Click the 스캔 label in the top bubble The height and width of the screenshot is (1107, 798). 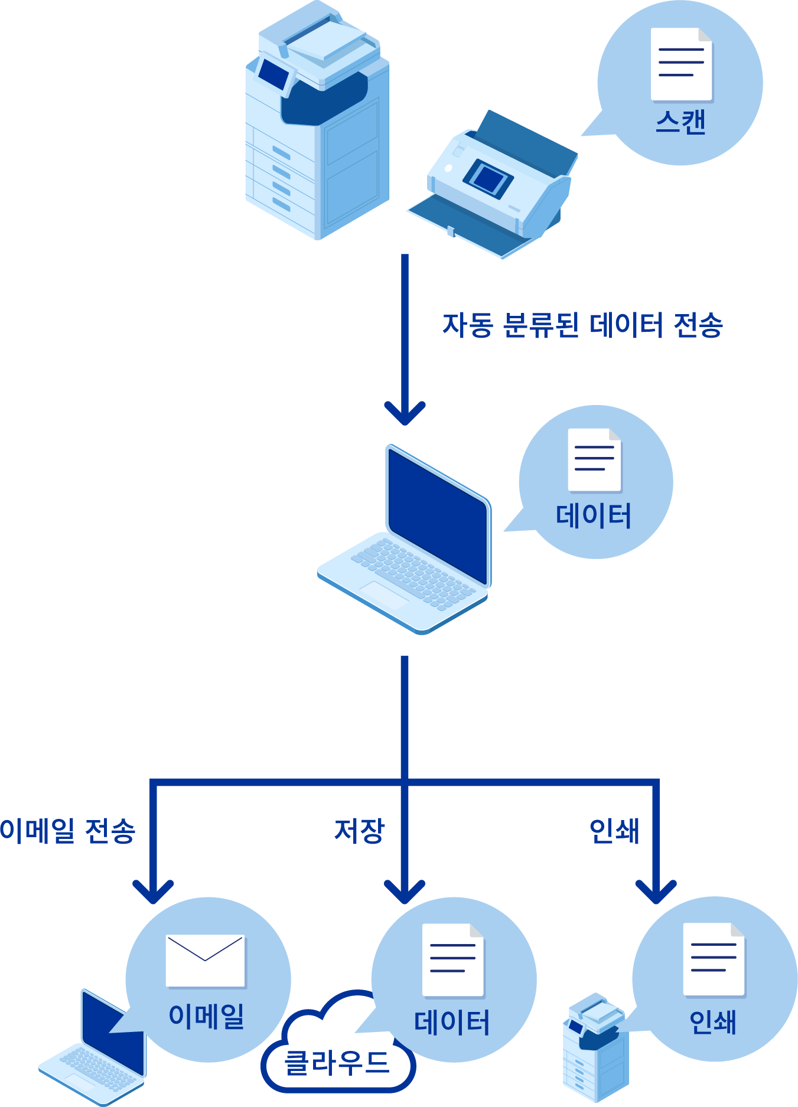click(680, 122)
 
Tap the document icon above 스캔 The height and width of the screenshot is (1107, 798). click(681, 64)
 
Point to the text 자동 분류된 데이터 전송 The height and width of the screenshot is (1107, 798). click(582, 325)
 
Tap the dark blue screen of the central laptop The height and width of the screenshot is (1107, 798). click(437, 514)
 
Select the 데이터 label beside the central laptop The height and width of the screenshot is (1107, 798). click(594, 515)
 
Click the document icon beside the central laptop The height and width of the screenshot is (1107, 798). click(594, 460)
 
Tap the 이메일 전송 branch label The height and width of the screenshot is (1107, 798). click(68, 831)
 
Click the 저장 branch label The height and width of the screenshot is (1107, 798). click(359, 831)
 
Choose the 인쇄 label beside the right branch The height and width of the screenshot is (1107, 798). click(614, 831)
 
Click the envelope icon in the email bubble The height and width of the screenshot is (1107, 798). click(205, 961)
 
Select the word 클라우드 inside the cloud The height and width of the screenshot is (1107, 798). click(337, 1063)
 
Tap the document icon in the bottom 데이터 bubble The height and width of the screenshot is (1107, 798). click(453, 960)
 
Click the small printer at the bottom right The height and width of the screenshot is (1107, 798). click(595, 1048)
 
